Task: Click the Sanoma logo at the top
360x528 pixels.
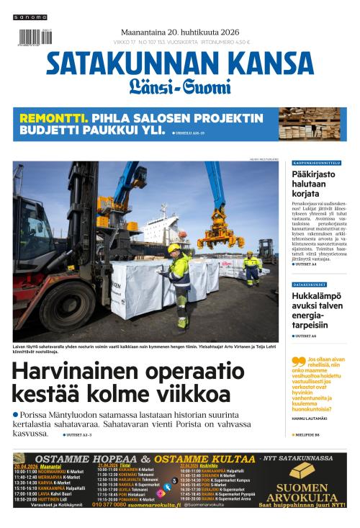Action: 30,17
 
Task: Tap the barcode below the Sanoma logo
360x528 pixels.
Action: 30,37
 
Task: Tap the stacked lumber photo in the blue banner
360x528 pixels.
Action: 312,124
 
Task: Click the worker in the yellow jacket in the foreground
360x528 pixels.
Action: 178,280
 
